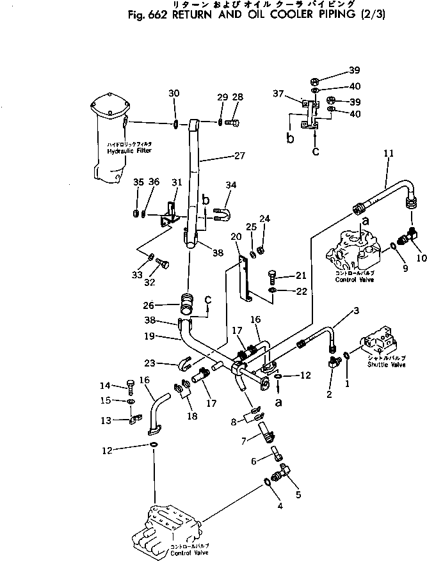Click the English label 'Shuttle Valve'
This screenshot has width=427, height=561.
[387, 365]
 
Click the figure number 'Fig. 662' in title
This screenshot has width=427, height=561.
[148, 15]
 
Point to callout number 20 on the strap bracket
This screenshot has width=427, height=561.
[235, 237]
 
